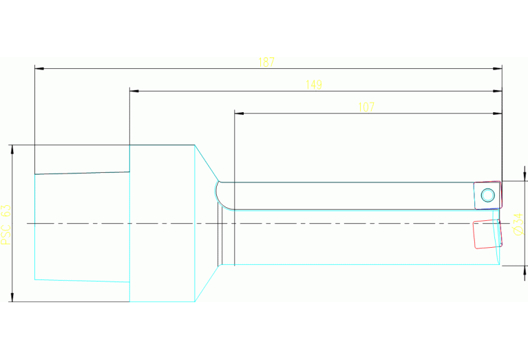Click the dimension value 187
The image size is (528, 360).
tap(266, 63)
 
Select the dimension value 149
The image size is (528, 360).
tap(314, 85)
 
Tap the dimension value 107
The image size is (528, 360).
tap(366, 107)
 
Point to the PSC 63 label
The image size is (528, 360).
tap(6, 224)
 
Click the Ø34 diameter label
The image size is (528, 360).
tap(518, 224)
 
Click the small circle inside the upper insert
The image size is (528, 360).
tap(488, 195)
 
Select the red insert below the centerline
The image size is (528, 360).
tap(487, 234)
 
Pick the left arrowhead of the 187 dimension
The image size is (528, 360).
tap(39, 69)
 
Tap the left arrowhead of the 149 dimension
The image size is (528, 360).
tap(134, 91)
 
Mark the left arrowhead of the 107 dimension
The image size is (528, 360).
tap(239, 114)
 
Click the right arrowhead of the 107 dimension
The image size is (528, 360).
tap(497, 114)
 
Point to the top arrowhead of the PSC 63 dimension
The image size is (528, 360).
tap(12, 149)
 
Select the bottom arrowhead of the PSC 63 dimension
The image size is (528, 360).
tap(12, 297)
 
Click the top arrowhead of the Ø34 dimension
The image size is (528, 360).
tap(525, 176)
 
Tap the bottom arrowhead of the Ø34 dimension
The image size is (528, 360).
tap(525, 271)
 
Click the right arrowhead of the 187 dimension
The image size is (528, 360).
tap(497, 69)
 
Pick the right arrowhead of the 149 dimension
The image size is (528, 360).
tap(497, 91)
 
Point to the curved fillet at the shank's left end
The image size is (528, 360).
tap(217, 196)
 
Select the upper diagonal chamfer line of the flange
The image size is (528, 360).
tap(207, 163)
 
